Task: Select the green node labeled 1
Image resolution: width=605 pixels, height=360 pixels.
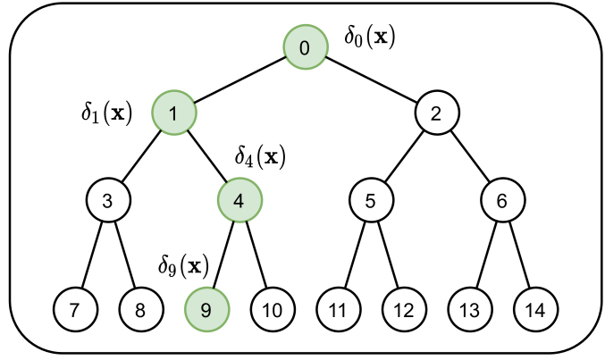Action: click(x=173, y=113)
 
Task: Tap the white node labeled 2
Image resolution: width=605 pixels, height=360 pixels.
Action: click(x=437, y=113)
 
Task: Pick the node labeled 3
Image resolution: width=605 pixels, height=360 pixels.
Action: click(x=107, y=201)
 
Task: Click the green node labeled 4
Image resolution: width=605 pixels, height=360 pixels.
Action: click(x=239, y=201)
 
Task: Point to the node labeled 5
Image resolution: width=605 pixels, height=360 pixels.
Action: click(x=371, y=201)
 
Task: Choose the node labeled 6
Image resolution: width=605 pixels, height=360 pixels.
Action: click(x=502, y=201)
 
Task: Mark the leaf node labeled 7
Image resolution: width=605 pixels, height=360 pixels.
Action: click(x=74, y=310)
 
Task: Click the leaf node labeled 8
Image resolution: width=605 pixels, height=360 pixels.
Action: click(x=140, y=310)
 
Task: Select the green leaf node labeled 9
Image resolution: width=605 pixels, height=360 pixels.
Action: click(x=206, y=310)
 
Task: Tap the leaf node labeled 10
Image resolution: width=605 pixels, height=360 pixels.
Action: click(x=273, y=310)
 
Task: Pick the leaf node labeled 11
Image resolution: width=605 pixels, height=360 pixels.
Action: click(x=338, y=310)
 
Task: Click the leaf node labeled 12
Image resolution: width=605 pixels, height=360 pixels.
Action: click(x=404, y=310)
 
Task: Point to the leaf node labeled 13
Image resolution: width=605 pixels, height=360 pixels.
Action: click(x=470, y=310)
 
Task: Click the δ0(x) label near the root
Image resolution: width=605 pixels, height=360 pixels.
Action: click(x=369, y=38)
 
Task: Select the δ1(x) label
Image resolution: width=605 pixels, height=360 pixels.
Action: click(x=106, y=113)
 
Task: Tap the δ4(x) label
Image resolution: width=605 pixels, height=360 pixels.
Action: click(x=259, y=157)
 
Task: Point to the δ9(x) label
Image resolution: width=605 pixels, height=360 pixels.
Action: click(x=182, y=265)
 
